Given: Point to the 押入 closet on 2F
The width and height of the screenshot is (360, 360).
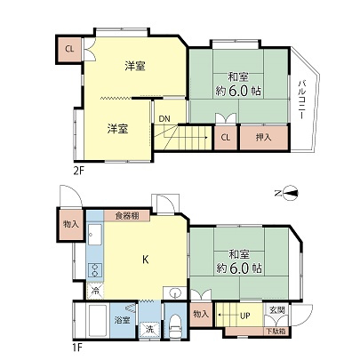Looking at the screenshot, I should (264, 138).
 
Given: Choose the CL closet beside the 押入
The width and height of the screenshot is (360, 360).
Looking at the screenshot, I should (226, 138).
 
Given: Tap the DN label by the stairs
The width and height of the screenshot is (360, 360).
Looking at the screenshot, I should (164, 118).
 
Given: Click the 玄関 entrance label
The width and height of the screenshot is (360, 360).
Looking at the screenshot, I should (276, 310).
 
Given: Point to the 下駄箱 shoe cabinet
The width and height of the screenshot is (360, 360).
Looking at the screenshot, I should (274, 331).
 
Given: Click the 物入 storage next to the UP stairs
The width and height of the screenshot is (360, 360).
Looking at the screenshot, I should (202, 313).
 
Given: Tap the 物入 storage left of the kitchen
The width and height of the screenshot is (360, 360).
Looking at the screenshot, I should (70, 225).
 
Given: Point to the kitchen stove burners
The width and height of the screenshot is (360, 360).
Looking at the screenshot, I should (94, 269).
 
